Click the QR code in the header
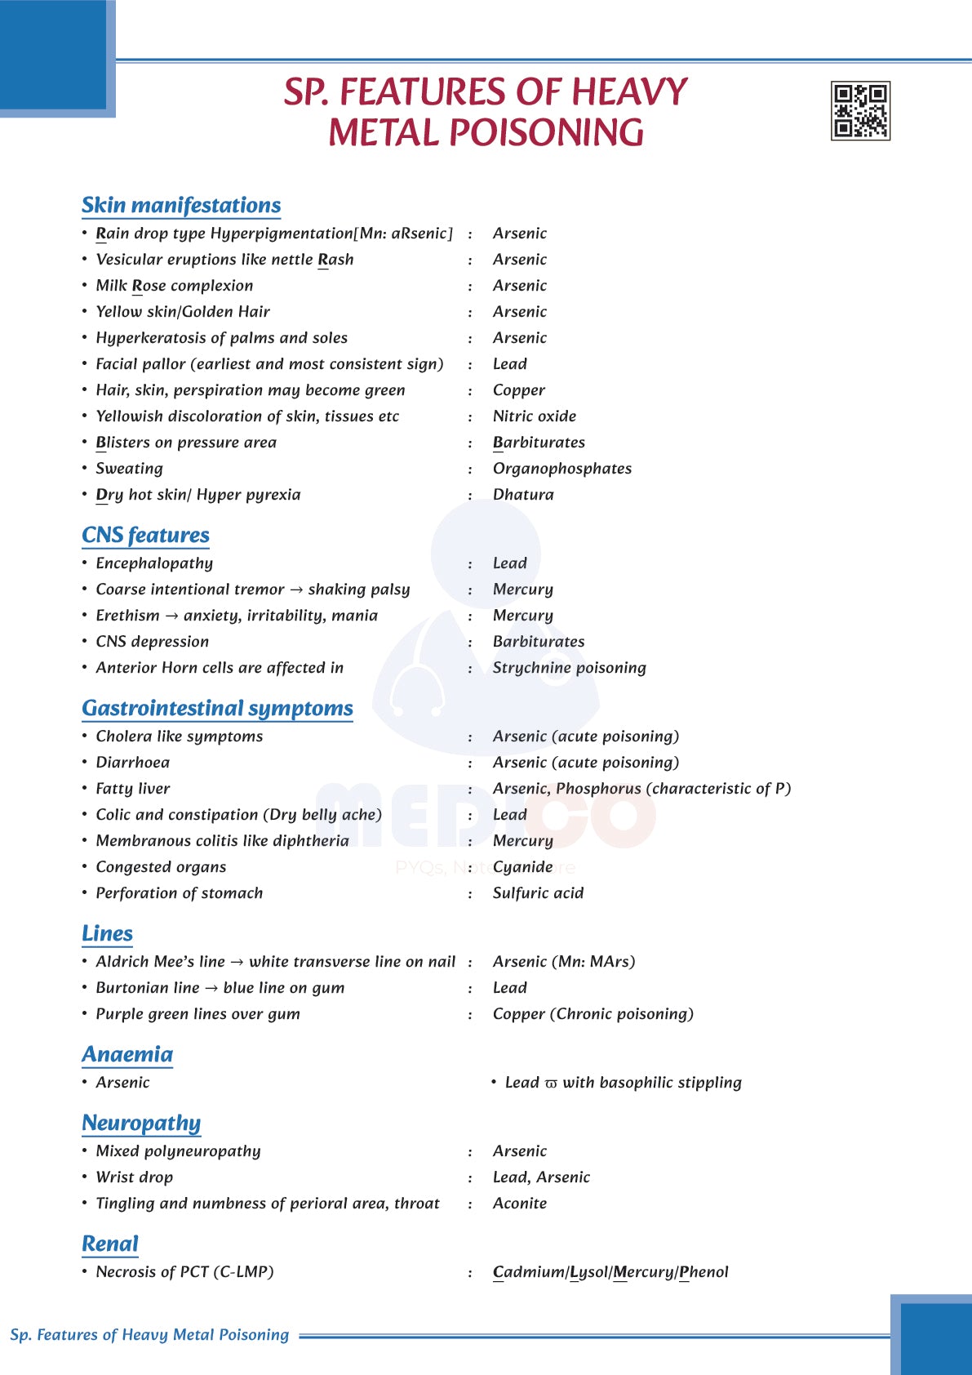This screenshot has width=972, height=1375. point(860,111)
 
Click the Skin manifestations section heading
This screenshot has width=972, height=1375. point(181,205)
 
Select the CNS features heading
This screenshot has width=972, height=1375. point(145,535)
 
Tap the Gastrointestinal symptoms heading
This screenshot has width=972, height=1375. point(217,708)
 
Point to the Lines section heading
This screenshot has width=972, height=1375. point(107,933)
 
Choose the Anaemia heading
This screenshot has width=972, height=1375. point(127,1054)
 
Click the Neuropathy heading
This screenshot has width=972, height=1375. point(141,1123)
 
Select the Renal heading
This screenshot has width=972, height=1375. point(110,1244)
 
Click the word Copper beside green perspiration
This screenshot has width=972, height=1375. point(518,390)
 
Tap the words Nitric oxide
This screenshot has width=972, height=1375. point(534,416)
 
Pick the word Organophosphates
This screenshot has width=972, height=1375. point(561,469)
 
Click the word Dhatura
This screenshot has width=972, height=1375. point(523,495)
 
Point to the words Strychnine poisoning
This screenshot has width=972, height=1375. point(569,668)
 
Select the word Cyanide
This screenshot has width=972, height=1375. point(522,867)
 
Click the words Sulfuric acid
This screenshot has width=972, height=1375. point(538,893)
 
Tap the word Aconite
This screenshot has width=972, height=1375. point(520,1204)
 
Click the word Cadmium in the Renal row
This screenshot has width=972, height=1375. point(528,1272)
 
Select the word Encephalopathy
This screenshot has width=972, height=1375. point(154,563)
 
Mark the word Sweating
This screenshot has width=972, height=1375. point(129,469)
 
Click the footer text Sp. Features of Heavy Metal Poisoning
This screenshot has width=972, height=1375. point(149,1335)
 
